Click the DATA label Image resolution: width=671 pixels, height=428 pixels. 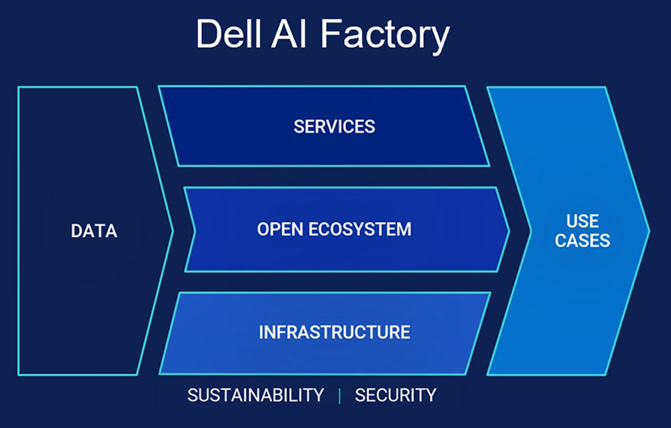pos(94,231)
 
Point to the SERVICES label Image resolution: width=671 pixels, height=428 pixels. pos(334,126)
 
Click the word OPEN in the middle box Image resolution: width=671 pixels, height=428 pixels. pos(280,229)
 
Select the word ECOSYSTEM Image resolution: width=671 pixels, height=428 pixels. pos(360,229)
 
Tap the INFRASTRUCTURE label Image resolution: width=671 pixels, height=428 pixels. pos(335,332)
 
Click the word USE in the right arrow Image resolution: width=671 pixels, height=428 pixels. pos(582,221)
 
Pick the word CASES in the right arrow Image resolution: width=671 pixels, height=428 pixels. pos(582,240)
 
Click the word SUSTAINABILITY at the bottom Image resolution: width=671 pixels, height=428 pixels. pos(256,395)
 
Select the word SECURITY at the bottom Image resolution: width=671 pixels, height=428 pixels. pos(395,395)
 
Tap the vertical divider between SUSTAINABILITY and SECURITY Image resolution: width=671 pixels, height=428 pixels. pos(339,396)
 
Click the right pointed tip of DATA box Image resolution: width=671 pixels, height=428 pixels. pos(173,231)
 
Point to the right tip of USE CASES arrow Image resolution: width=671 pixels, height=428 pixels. pos(649,231)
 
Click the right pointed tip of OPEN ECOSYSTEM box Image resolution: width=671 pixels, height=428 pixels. pos(509,231)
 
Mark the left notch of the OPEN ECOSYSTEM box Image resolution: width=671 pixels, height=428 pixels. pos(195,231)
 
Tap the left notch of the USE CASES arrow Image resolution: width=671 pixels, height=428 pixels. pos(530,231)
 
